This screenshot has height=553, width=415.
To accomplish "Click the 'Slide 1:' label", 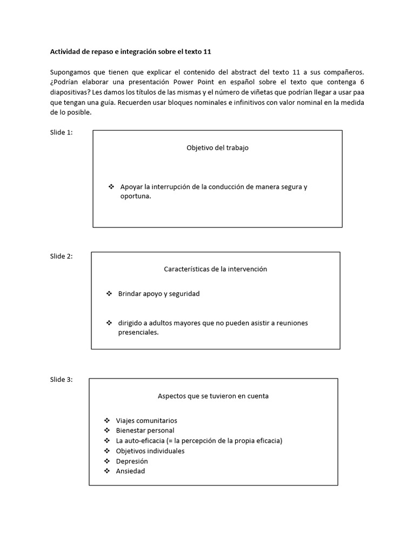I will point(61,133).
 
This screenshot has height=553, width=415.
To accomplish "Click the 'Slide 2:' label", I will point(61,256).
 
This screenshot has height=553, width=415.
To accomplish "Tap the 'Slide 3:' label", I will point(61,380).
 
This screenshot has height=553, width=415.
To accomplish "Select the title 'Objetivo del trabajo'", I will point(217,148).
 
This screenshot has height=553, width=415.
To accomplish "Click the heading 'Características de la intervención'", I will point(215,269).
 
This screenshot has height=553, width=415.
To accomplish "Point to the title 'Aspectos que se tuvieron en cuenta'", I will point(213,396).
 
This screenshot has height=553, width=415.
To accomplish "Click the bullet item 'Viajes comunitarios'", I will point(146,421).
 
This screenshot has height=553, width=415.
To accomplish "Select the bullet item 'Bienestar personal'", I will point(145,430).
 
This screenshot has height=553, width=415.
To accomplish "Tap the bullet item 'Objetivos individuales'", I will point(150,451).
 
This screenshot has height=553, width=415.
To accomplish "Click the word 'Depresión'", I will point(132,461).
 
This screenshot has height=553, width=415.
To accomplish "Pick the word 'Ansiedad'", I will point(130,471).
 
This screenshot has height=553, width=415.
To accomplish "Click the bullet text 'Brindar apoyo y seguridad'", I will point(159,294).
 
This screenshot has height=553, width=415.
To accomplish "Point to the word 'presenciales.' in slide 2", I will point(139,333).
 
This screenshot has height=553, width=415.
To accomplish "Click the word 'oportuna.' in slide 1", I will point(136,197).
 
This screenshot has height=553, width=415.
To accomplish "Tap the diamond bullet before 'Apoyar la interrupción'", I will point(111,187).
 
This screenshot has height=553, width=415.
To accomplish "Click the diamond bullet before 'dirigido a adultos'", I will point(109,323).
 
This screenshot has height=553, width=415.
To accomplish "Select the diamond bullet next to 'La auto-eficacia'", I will point(106,441).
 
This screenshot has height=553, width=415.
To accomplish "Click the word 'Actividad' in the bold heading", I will point(65,52).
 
